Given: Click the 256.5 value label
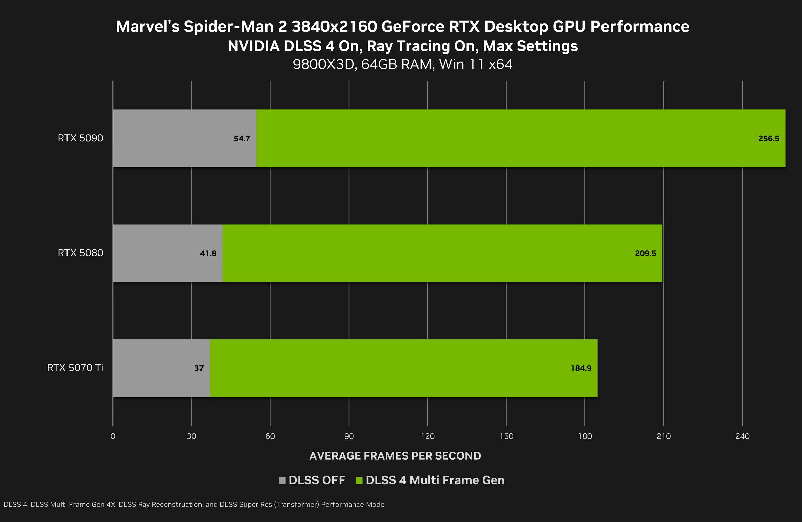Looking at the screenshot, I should pos(768,138).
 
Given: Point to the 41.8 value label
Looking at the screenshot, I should pos(208,253).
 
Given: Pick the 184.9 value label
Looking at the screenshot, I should pos(581,368).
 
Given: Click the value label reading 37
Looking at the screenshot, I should pos(199,368).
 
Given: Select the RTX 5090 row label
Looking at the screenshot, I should pos(80,138).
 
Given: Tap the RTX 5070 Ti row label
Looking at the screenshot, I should pos(75,367).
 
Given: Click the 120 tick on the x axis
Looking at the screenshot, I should pos(428,436).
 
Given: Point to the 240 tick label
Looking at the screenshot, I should pos(742,436).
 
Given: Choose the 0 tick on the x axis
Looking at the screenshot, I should pos(113,436).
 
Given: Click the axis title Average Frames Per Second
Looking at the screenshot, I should pos(395,456).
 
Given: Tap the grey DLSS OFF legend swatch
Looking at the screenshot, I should pos(282,480).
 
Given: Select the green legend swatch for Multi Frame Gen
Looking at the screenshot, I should pos(359,480).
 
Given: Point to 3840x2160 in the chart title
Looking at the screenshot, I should pos(334,27).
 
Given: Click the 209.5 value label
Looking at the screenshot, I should pos(645,253).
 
